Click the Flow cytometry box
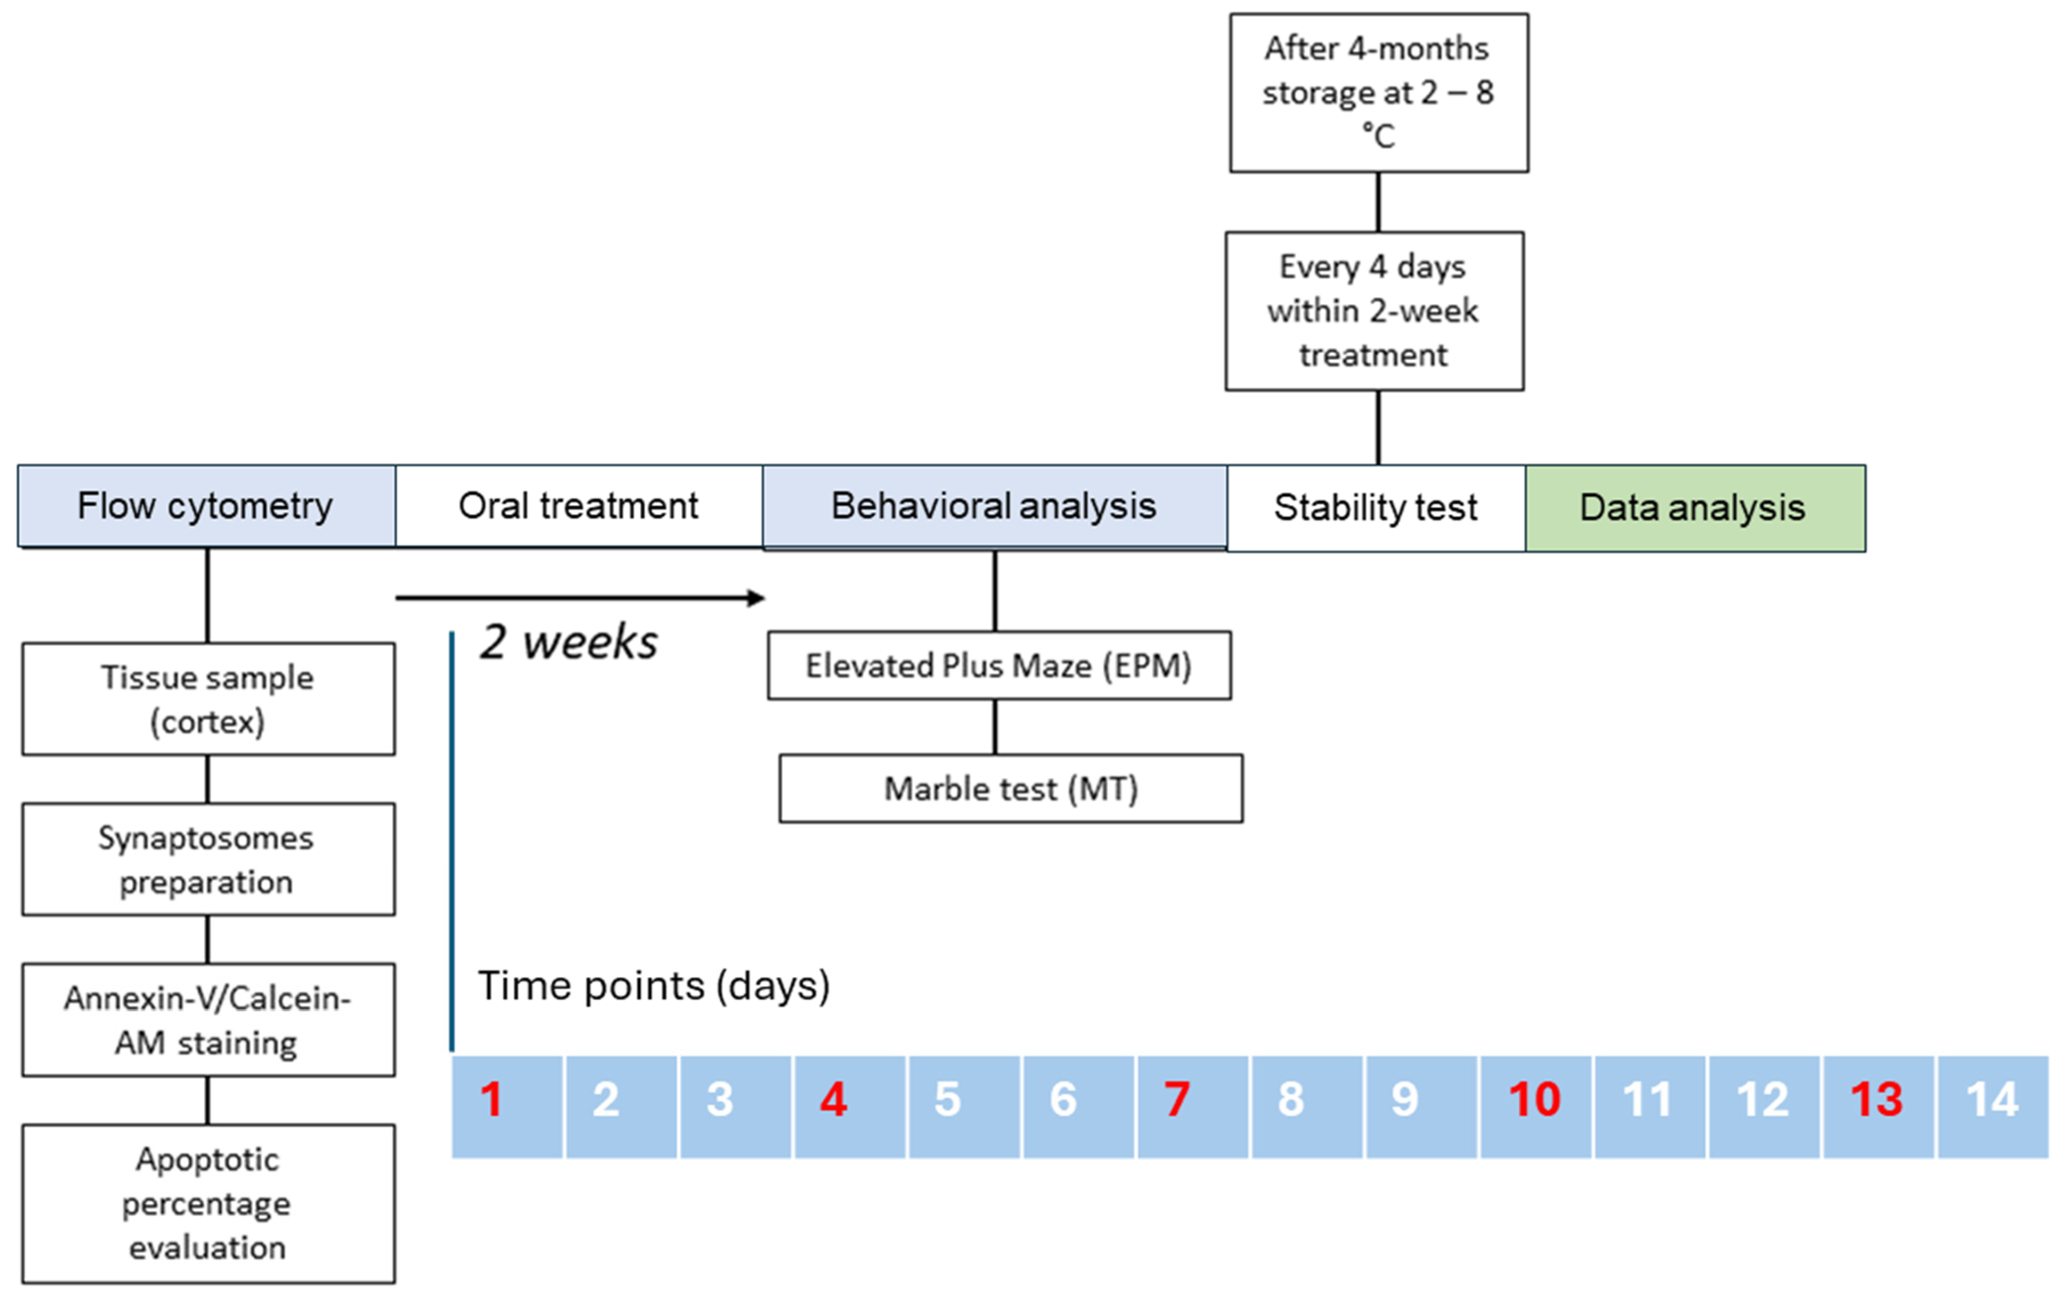206,506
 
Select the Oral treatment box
579,506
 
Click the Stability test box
1376,508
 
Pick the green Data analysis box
1695,508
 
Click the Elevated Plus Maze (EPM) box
998,665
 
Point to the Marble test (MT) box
1010,788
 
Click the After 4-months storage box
1379,92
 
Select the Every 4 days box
1374,311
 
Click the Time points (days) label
654,985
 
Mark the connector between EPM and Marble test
995,726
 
